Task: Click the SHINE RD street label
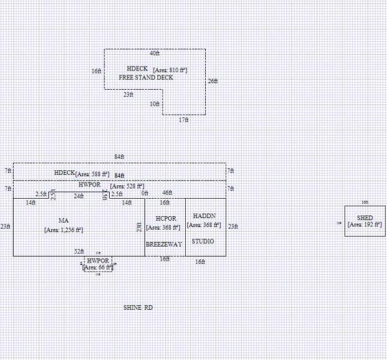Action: coord(138,308)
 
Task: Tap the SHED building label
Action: coord(364,217)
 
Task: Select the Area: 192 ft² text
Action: coord(364,225)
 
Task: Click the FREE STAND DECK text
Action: coord(146,77)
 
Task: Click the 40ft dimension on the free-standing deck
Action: coord(155,54)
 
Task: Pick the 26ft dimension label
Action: coord(213,81)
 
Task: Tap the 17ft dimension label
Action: coord(184,120)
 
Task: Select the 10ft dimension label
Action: coord(155,104)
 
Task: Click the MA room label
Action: coord(63,221)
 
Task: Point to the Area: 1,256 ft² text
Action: coord(63,229)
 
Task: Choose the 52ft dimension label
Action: coord(79,251)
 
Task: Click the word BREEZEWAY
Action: coord(164,245)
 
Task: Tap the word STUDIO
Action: coord(203,241)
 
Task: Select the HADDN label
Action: coord(203,216)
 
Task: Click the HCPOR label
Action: coord(165,219)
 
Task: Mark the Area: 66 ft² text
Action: coord(99,266)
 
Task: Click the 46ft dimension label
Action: coord(167,193)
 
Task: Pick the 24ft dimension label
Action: coord(79,195)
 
